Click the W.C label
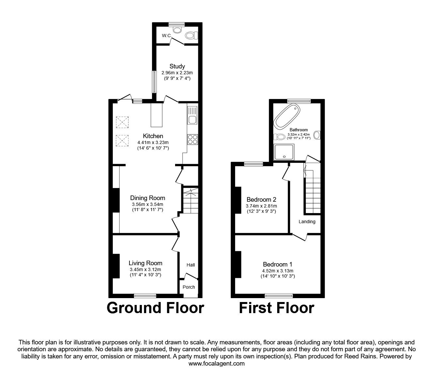tap(166, 36)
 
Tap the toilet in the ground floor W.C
tap(190, 35)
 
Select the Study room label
tap(177, 66)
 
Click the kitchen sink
tap(192, 115)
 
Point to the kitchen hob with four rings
tap(192, 139)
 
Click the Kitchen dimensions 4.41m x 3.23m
tap(153, 142)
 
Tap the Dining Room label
tap(147, 198)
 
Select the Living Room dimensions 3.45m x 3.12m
tap(145, 269)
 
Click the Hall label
tap(191, 265)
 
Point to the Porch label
tap(189, 287)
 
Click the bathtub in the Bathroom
tap(287, 116)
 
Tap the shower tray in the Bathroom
tap(285, 152)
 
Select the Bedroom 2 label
tap(261, 199)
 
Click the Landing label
tap(307, 222)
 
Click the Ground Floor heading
tap(155, 308)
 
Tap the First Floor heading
tap(276, 308)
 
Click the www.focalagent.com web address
tap(216, 364)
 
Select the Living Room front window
tap(145, 296)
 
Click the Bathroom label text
tap(298, 130)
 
